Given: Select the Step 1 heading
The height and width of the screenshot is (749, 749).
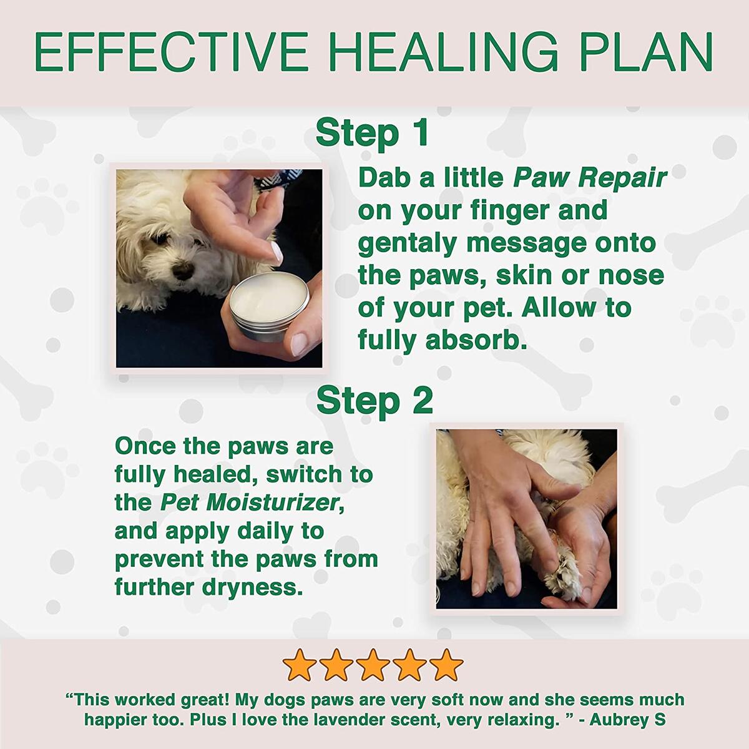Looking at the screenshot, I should (x=373, y=132).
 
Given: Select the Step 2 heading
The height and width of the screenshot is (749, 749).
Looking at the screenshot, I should (x=374, y=401).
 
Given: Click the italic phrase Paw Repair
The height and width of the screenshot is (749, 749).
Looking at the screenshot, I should (x=590, y=178).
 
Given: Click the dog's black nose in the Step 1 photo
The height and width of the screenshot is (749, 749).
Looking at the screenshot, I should (x=182, y=270).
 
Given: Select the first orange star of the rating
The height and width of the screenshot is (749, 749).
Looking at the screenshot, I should (x=299, y=665).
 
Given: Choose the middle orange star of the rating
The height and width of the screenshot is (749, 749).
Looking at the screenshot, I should (x=373, y=665).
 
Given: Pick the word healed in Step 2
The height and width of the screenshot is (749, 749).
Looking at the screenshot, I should (x=210, y=474).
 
